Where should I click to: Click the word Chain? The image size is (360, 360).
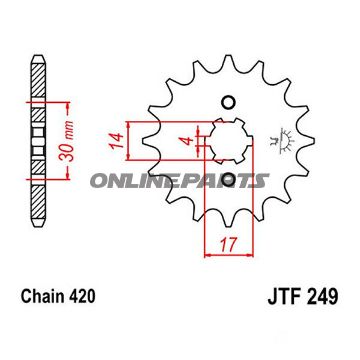(38, 298)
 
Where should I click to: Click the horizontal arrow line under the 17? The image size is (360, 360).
(228, 253)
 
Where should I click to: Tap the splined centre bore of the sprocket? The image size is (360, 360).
(228, 140)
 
